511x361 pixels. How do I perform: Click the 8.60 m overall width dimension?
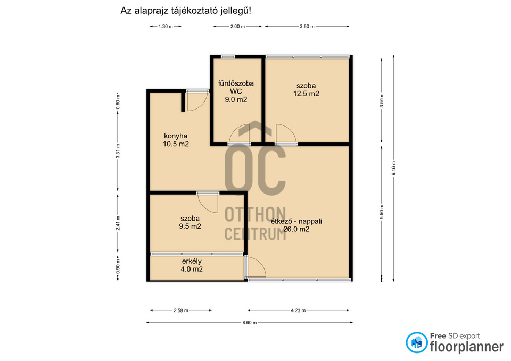point(249,323)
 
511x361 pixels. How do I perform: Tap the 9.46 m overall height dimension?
point(394,169)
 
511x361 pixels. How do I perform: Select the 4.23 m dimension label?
point(298,310)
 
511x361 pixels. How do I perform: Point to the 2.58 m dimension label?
point(181,310)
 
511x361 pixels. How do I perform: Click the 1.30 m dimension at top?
point(166,27)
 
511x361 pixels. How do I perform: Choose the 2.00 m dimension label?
point(237,27)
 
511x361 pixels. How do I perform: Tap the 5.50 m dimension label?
point(382,212)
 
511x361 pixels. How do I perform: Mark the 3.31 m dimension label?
point(118,151)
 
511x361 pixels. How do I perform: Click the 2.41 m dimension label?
point(118,223)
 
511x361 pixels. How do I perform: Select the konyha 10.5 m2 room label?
point(176,140)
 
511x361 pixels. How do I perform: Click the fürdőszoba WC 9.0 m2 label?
point(236,91)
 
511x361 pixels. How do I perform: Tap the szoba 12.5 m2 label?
point(306,89)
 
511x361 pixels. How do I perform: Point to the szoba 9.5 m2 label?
point(190,222)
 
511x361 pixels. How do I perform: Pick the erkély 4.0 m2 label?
point(192,265)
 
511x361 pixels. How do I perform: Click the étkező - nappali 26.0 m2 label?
point(296,225)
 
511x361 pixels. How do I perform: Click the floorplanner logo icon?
point(416,342)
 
